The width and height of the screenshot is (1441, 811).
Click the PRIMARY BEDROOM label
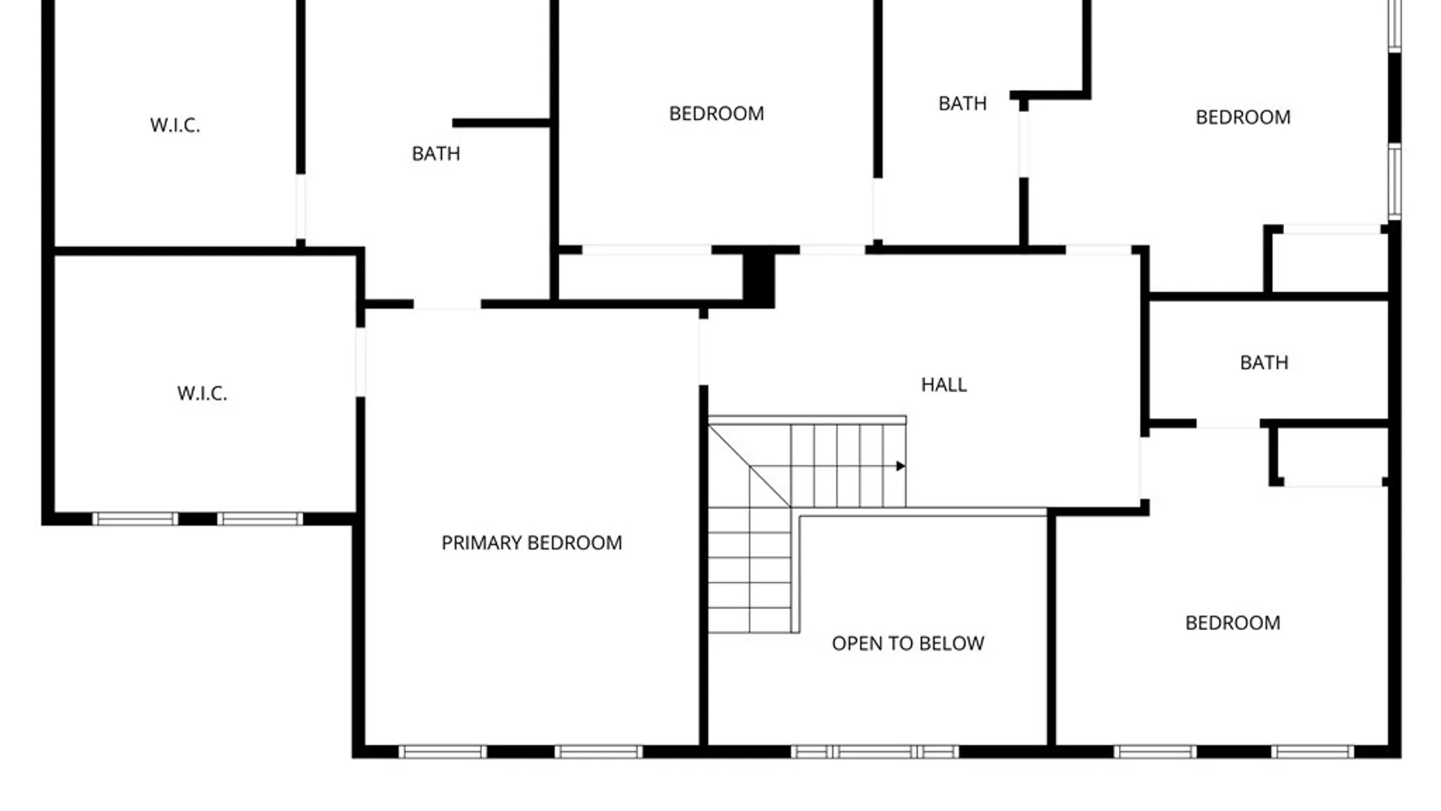coord(531,543)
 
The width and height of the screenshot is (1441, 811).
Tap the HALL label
coord(943,384)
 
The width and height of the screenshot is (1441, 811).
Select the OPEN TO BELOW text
coord(907,644)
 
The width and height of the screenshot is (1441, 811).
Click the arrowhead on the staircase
coord(901,466)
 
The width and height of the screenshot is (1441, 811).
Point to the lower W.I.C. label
coord(202,393)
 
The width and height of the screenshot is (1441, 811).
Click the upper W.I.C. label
coord(175,125)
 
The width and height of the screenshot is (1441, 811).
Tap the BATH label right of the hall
coord(1264,363)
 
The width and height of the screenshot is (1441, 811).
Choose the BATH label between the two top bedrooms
coord(962,104)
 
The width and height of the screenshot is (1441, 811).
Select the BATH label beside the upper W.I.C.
coord(435,154)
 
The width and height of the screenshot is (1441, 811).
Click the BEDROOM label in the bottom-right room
coord(1232,623)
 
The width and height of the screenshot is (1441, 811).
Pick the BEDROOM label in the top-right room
coord(1243,117)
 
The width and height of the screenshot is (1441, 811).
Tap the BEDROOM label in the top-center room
coord(716,113)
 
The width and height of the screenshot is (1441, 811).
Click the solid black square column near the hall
coord(758,278)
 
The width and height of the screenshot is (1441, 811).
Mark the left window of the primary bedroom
coord(442,752)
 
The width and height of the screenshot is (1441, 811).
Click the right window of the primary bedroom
coord(598,752)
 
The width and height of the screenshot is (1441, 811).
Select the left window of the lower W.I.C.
coord(135,519)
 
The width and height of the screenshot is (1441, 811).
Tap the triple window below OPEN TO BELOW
coord(875,752)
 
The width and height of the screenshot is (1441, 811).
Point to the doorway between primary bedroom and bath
coord(447,305)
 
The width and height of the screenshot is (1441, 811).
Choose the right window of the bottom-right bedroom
coord(1312,752)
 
